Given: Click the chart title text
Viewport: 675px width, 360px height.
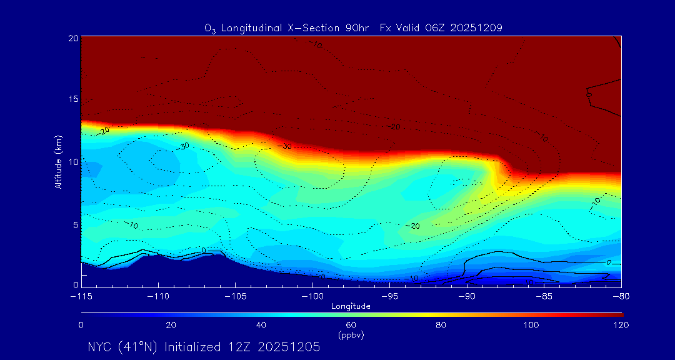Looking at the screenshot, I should click(x=353, y=27).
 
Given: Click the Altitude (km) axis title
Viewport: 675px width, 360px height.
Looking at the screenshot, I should click(x=58, y=161).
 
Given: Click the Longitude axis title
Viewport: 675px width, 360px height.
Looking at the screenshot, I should click(x=351, y=306).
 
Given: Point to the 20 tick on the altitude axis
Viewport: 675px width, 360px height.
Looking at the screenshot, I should click(x=73, y=38).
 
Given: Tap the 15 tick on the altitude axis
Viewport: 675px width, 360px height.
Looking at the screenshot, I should click(x=73, y=99).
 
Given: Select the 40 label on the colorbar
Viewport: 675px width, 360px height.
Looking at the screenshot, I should click(x=261, y=325).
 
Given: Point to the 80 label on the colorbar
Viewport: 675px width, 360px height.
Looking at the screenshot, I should click(x=441, y=325).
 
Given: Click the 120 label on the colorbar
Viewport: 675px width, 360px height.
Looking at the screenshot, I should click(x=621, y=325).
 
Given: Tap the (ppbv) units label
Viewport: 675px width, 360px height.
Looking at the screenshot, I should click(x=351, y=335).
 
